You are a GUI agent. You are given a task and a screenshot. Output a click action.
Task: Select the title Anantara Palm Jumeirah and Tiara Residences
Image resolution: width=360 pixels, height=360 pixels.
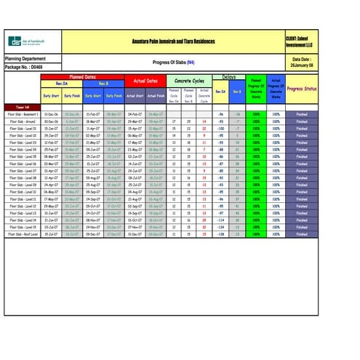click(x=169, y=41)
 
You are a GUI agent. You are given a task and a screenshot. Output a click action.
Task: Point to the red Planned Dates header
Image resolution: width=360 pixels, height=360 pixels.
click(x=81, y=76)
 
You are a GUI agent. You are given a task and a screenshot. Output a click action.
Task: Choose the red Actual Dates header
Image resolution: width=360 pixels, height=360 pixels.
click(x=145, y=81)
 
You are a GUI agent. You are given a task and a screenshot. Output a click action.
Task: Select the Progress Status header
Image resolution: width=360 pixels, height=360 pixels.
click(x=302, y=89)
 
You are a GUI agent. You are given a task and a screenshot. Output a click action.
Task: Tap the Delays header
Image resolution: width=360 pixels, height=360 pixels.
click(x=228, y=76)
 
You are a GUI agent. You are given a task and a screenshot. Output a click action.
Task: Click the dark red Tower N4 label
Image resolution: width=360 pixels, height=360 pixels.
click(x=23, y=106)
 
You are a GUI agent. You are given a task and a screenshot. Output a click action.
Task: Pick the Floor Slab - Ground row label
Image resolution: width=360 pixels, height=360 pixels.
click(x=23, y=121)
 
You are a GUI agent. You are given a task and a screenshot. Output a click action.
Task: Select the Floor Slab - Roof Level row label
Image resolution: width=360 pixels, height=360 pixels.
click(x=23, y=233)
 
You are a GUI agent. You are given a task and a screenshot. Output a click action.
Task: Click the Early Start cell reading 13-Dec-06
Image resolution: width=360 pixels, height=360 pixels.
click(x=51, y=114)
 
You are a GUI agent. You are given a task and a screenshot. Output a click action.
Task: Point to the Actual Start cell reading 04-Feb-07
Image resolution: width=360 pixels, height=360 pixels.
click(x=135, y=114)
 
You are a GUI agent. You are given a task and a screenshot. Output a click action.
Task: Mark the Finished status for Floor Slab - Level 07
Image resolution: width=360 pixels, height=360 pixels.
click(x=302, y=170)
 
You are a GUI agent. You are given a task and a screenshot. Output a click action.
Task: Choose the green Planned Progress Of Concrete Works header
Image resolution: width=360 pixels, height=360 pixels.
click(x=256, y=89)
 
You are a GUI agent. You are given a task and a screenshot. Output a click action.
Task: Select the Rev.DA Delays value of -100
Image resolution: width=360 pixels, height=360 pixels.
click(x=220, y=128)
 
